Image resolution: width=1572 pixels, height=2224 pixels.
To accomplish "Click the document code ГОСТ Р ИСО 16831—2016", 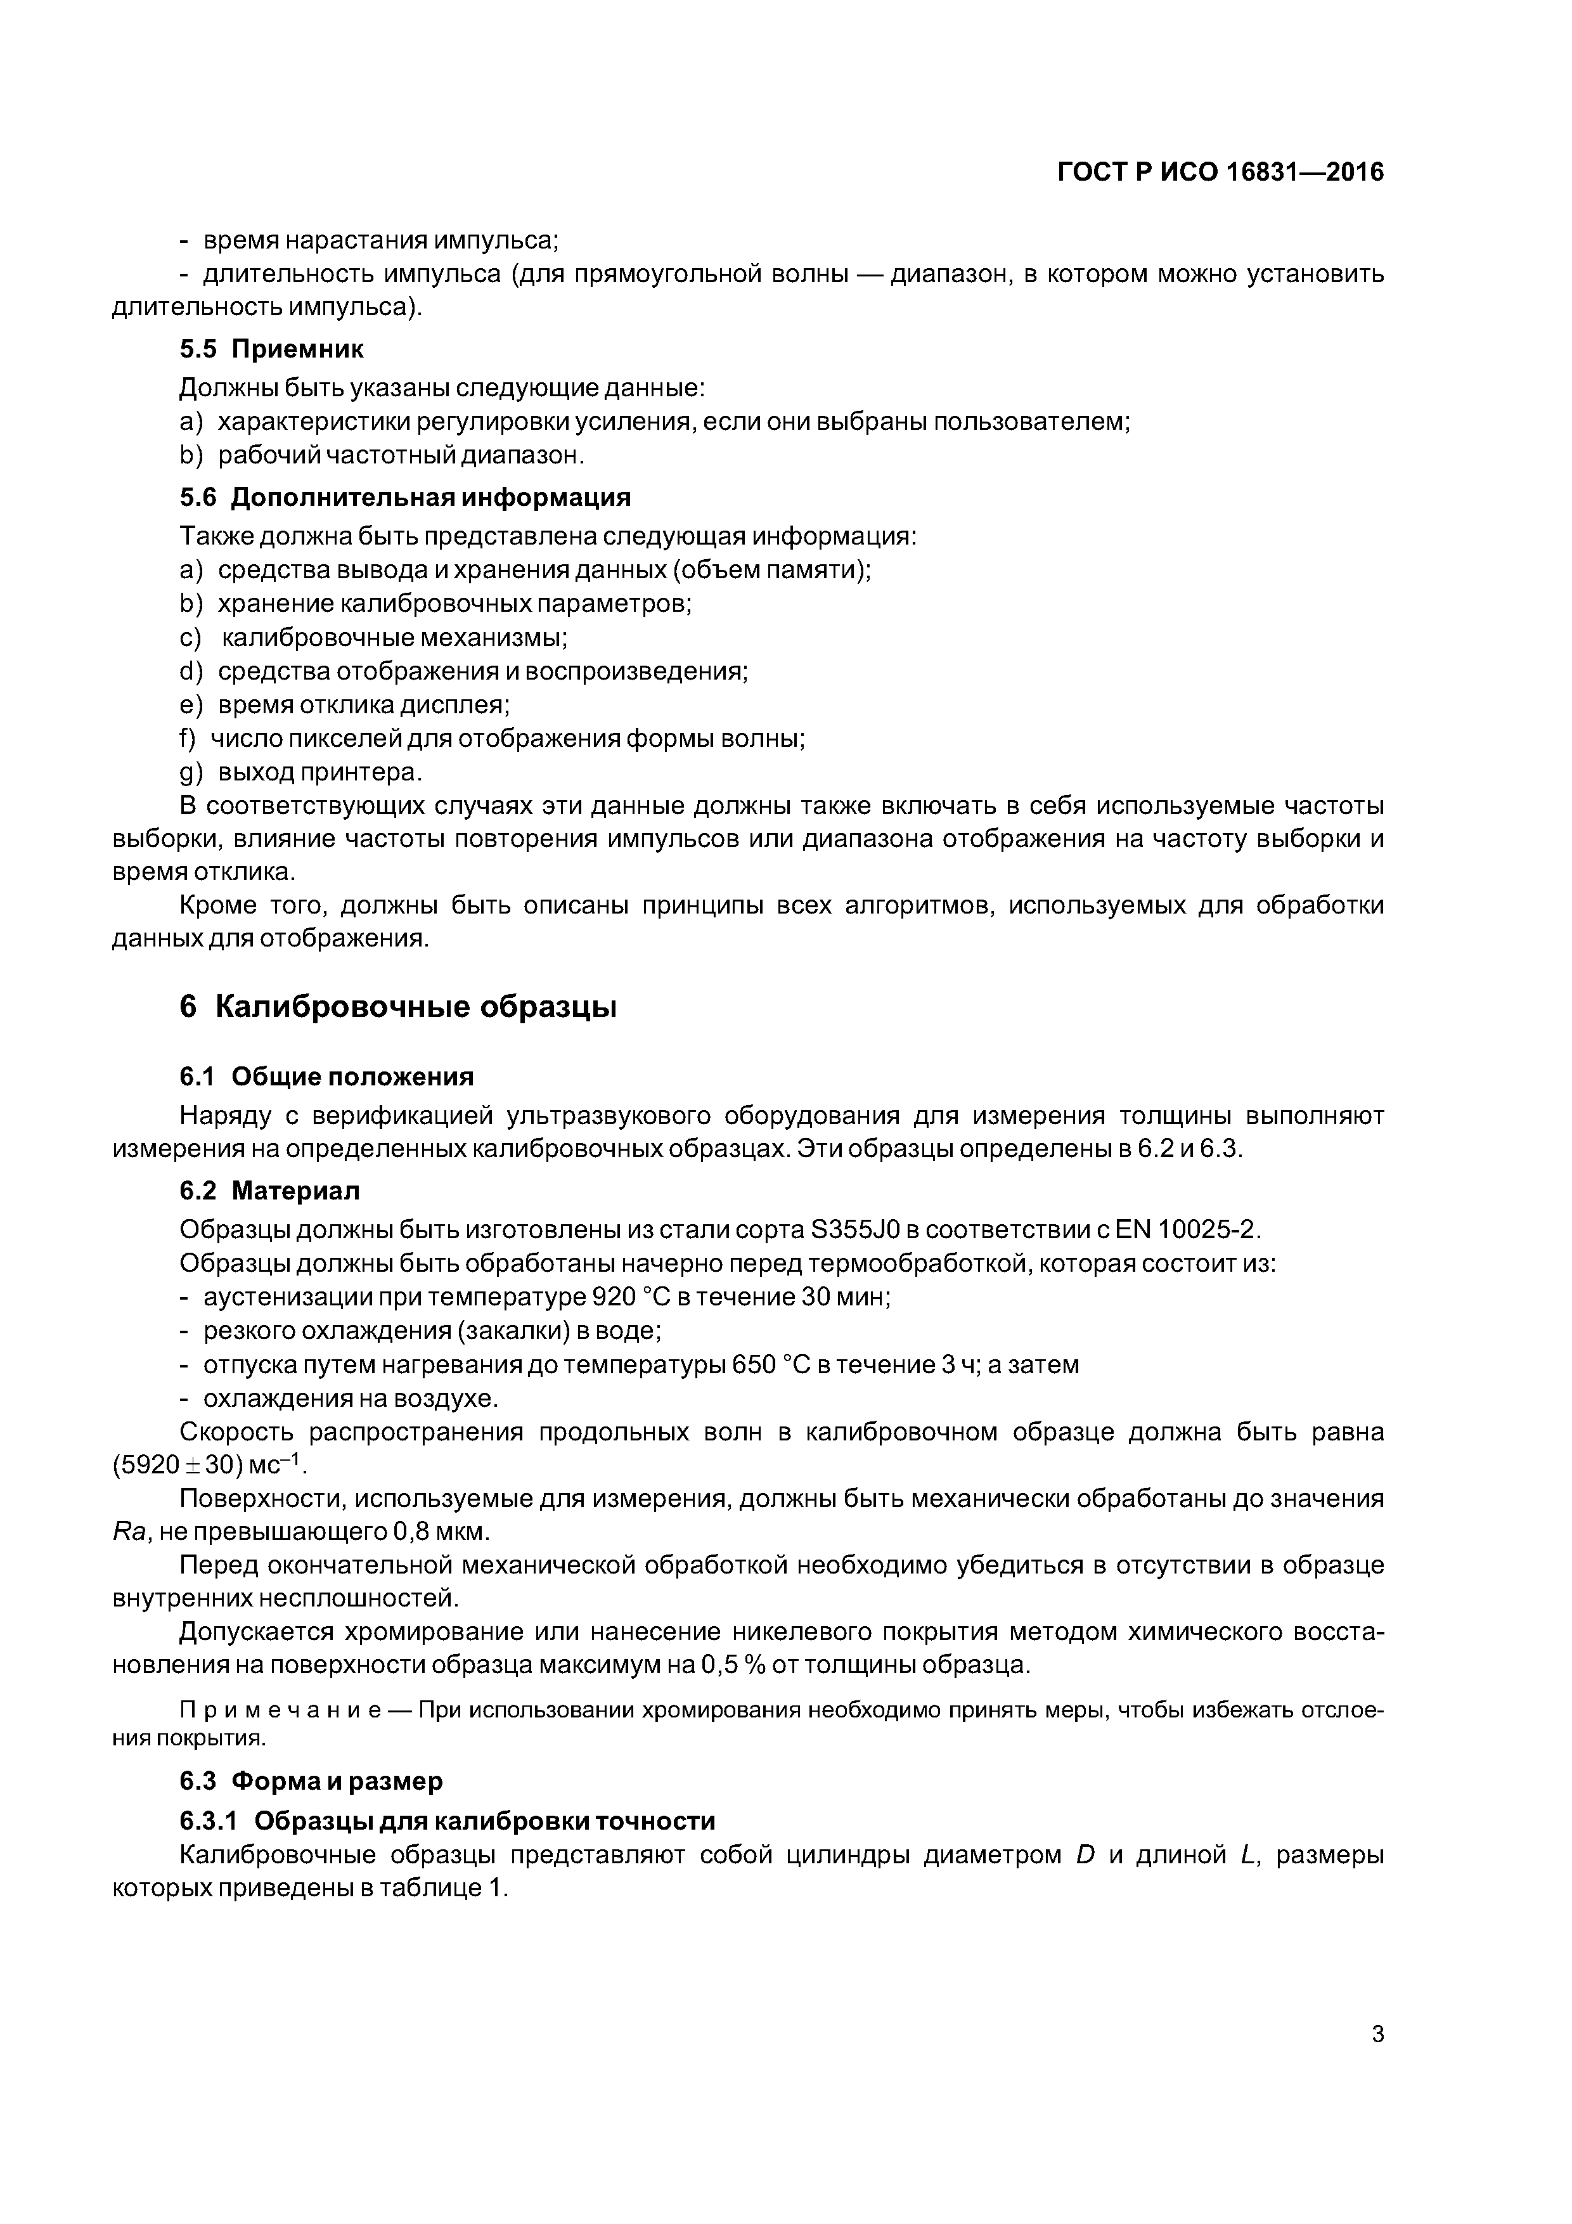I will pyautogui.click(x=1220, y=172).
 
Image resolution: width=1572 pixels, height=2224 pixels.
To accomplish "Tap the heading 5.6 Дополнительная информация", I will pyautogui.click(x=405, y=498).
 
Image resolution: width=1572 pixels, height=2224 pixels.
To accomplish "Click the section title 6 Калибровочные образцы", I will pyautogui.click(x=398, y=1007).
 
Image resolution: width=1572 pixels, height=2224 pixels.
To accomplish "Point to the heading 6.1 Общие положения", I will pyautogui.click(x=326, y=1077).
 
